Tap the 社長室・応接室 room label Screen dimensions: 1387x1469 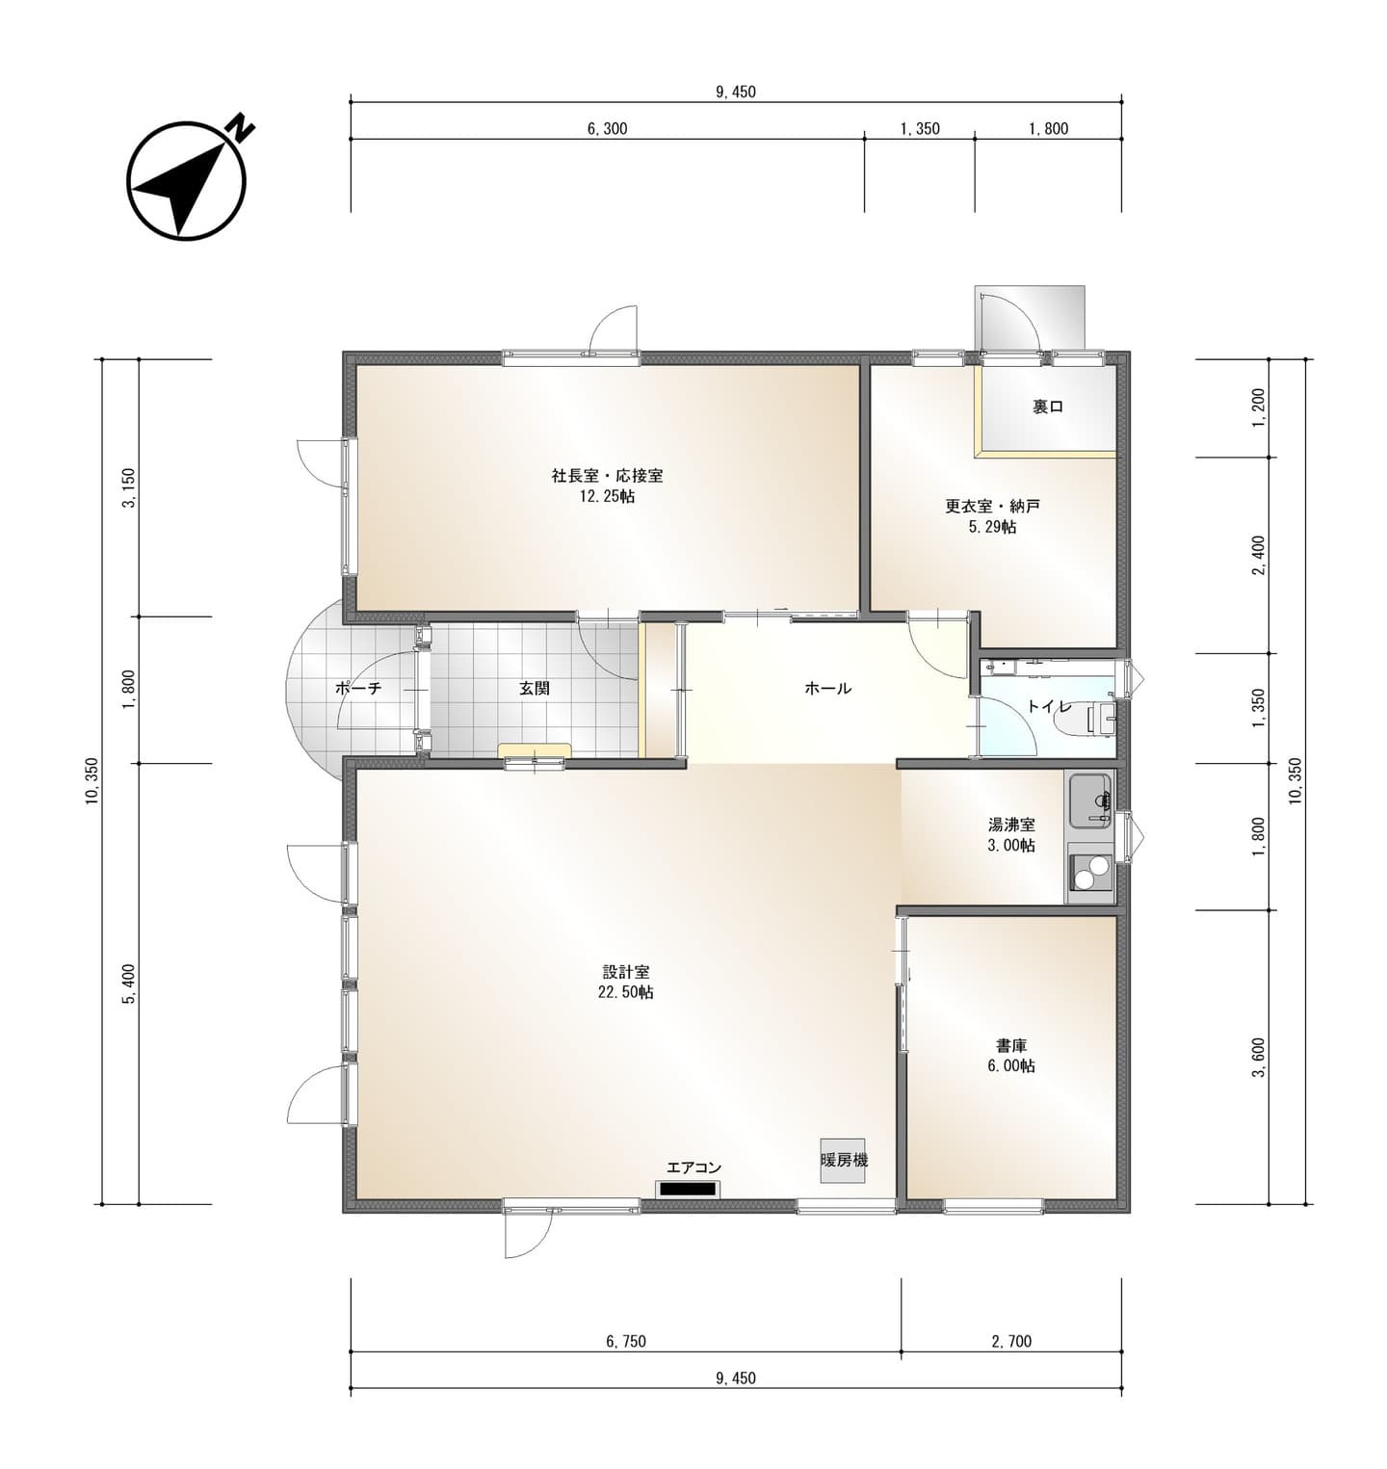607,476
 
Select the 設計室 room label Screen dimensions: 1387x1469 626,972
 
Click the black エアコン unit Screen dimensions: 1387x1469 687,1189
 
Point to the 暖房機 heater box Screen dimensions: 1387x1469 845,1159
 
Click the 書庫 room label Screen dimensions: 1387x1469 1011,1045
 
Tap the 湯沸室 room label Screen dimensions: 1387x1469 1011,825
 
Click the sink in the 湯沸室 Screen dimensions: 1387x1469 1089,800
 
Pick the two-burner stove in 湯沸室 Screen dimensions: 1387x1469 1089,871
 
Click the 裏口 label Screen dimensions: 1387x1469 1048,407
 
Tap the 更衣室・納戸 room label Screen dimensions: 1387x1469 992,506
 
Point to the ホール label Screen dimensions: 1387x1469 828,688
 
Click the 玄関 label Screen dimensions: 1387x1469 535,688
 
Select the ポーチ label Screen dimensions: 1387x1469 358,688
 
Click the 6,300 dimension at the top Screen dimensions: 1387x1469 607,128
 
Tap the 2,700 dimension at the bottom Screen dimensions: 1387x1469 1011,1341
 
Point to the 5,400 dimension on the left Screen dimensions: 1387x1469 129,983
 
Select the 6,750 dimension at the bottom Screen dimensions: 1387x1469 626,1341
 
